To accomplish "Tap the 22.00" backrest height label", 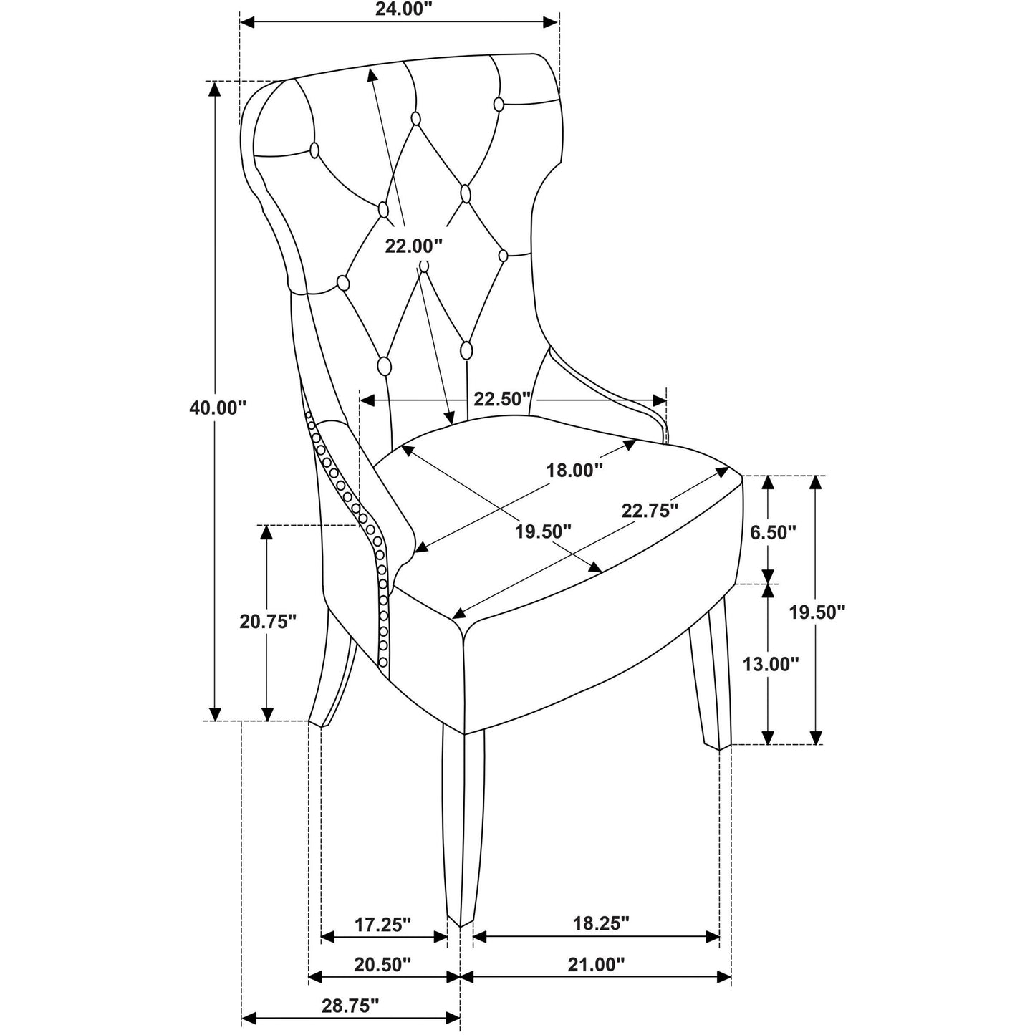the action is click(413, 246).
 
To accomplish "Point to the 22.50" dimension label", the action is click(501, 399).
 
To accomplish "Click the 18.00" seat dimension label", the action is click(574, 471).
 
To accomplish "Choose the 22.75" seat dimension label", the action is click(650, 510).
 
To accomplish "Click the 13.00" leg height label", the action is click(771, 665).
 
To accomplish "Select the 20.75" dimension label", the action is click(267, 622).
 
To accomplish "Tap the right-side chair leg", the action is click(710, 671).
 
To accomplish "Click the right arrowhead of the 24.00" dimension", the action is click(552, 22).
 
